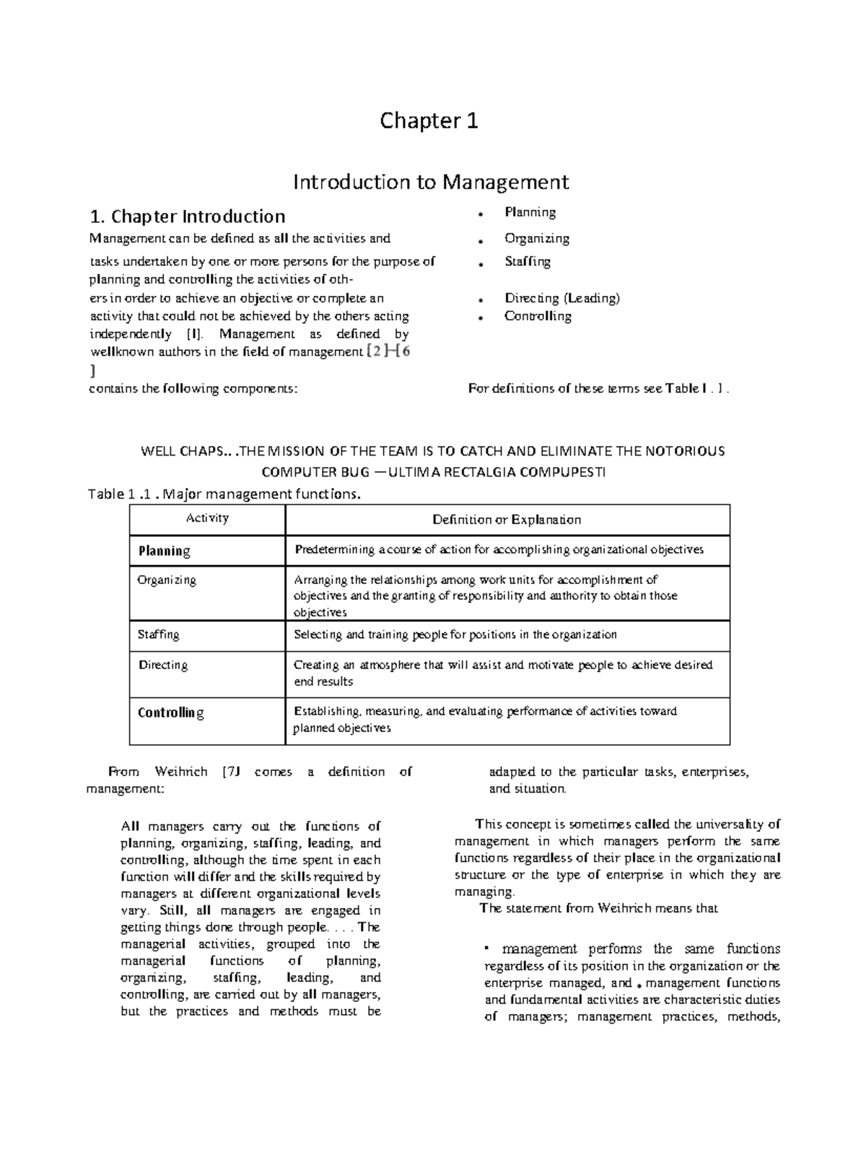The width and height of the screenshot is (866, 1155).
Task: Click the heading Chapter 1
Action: pos(429,121)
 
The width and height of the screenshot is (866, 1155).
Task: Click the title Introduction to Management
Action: pos(431,181)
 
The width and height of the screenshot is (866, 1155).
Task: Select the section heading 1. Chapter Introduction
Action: pos(187,217)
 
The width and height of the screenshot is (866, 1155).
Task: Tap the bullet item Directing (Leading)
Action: pos(562,298)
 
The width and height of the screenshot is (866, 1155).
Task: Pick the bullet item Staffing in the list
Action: pos(528,261)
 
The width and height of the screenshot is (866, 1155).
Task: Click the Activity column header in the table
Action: pos(207,518)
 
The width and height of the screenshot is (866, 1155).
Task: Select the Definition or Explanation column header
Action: pos(507,520)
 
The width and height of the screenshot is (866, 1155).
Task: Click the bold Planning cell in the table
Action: pos(165,551)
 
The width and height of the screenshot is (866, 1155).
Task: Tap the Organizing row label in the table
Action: pos(167,580)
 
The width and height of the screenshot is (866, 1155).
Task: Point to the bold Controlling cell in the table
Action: pos(171,712)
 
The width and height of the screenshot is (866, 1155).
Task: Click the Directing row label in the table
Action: pos(163,665)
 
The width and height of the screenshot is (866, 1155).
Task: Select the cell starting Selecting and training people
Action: pos(455,635)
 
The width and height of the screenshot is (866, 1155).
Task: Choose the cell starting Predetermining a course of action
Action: pos(499,550)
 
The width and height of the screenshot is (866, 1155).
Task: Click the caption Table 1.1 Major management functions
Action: pos(223,494)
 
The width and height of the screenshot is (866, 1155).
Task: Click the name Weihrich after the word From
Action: pos(181,772)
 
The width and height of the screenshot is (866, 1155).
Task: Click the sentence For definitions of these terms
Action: pos(599,388)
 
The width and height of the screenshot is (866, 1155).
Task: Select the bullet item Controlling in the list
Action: pos(538,316)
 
